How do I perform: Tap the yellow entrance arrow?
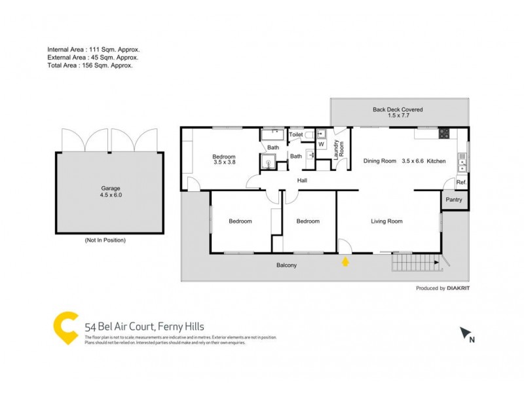345,263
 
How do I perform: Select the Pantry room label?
453,200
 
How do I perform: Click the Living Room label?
386,221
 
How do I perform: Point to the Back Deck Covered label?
398,113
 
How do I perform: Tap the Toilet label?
296,134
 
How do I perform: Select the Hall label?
302,181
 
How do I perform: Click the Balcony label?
286,265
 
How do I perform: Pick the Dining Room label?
380,161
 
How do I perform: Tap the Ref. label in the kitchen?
460,183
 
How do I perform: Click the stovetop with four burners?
443,134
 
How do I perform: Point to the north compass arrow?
466,333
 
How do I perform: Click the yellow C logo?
65,327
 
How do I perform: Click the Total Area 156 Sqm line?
90,65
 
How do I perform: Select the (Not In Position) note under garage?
105,240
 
